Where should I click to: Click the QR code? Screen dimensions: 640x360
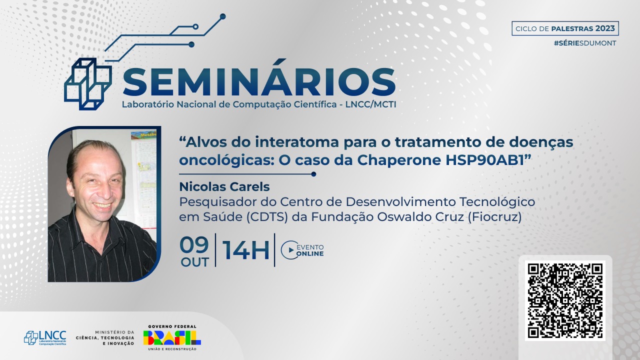tap(565, 301)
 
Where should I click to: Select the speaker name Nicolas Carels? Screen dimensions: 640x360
tap(224, 187)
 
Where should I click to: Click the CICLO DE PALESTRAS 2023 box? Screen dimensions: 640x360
tap(565, 28)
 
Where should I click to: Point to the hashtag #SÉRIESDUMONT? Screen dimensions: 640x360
tap(585, 43)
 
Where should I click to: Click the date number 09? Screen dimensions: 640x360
tap(194, 245)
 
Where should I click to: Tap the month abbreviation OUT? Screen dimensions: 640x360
tap(194, 262)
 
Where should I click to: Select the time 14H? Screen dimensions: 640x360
tap(245, 250)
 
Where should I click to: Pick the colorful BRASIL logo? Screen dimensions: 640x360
tap(172, 338)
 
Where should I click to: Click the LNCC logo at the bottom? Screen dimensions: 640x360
tap(45, 338)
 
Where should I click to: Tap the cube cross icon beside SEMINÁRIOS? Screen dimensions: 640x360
tap(87, 84)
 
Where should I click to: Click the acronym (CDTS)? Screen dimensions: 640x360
tap(266, 217)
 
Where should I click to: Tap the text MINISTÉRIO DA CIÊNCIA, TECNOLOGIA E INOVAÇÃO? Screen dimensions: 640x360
tap(105, 338)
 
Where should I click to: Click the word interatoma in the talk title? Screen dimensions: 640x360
tap(297, 142)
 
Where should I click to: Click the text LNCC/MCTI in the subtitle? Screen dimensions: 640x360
tap(371, 104)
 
